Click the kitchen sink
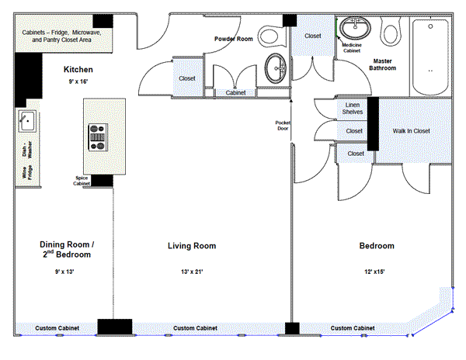(28, 121)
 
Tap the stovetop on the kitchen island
(98, 137)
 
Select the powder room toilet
(270, 36)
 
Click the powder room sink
(276, 68)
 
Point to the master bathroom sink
(355, 28)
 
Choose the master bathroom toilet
(391, 32)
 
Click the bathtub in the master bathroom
(430, 57)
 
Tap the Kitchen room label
(78, 70)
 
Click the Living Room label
(192, 246)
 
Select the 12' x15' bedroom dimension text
(374, 272)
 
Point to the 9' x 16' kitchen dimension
(78, 81)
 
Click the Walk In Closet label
(412, 131)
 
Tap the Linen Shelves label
(353, 109)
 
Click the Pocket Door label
(283, 126)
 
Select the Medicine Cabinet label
(352, 48)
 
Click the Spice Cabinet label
(82, 181)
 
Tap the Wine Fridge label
(26, 172)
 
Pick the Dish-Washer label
(26, 149)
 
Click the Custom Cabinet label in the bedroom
(353, 328)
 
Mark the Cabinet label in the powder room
(235, 92)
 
